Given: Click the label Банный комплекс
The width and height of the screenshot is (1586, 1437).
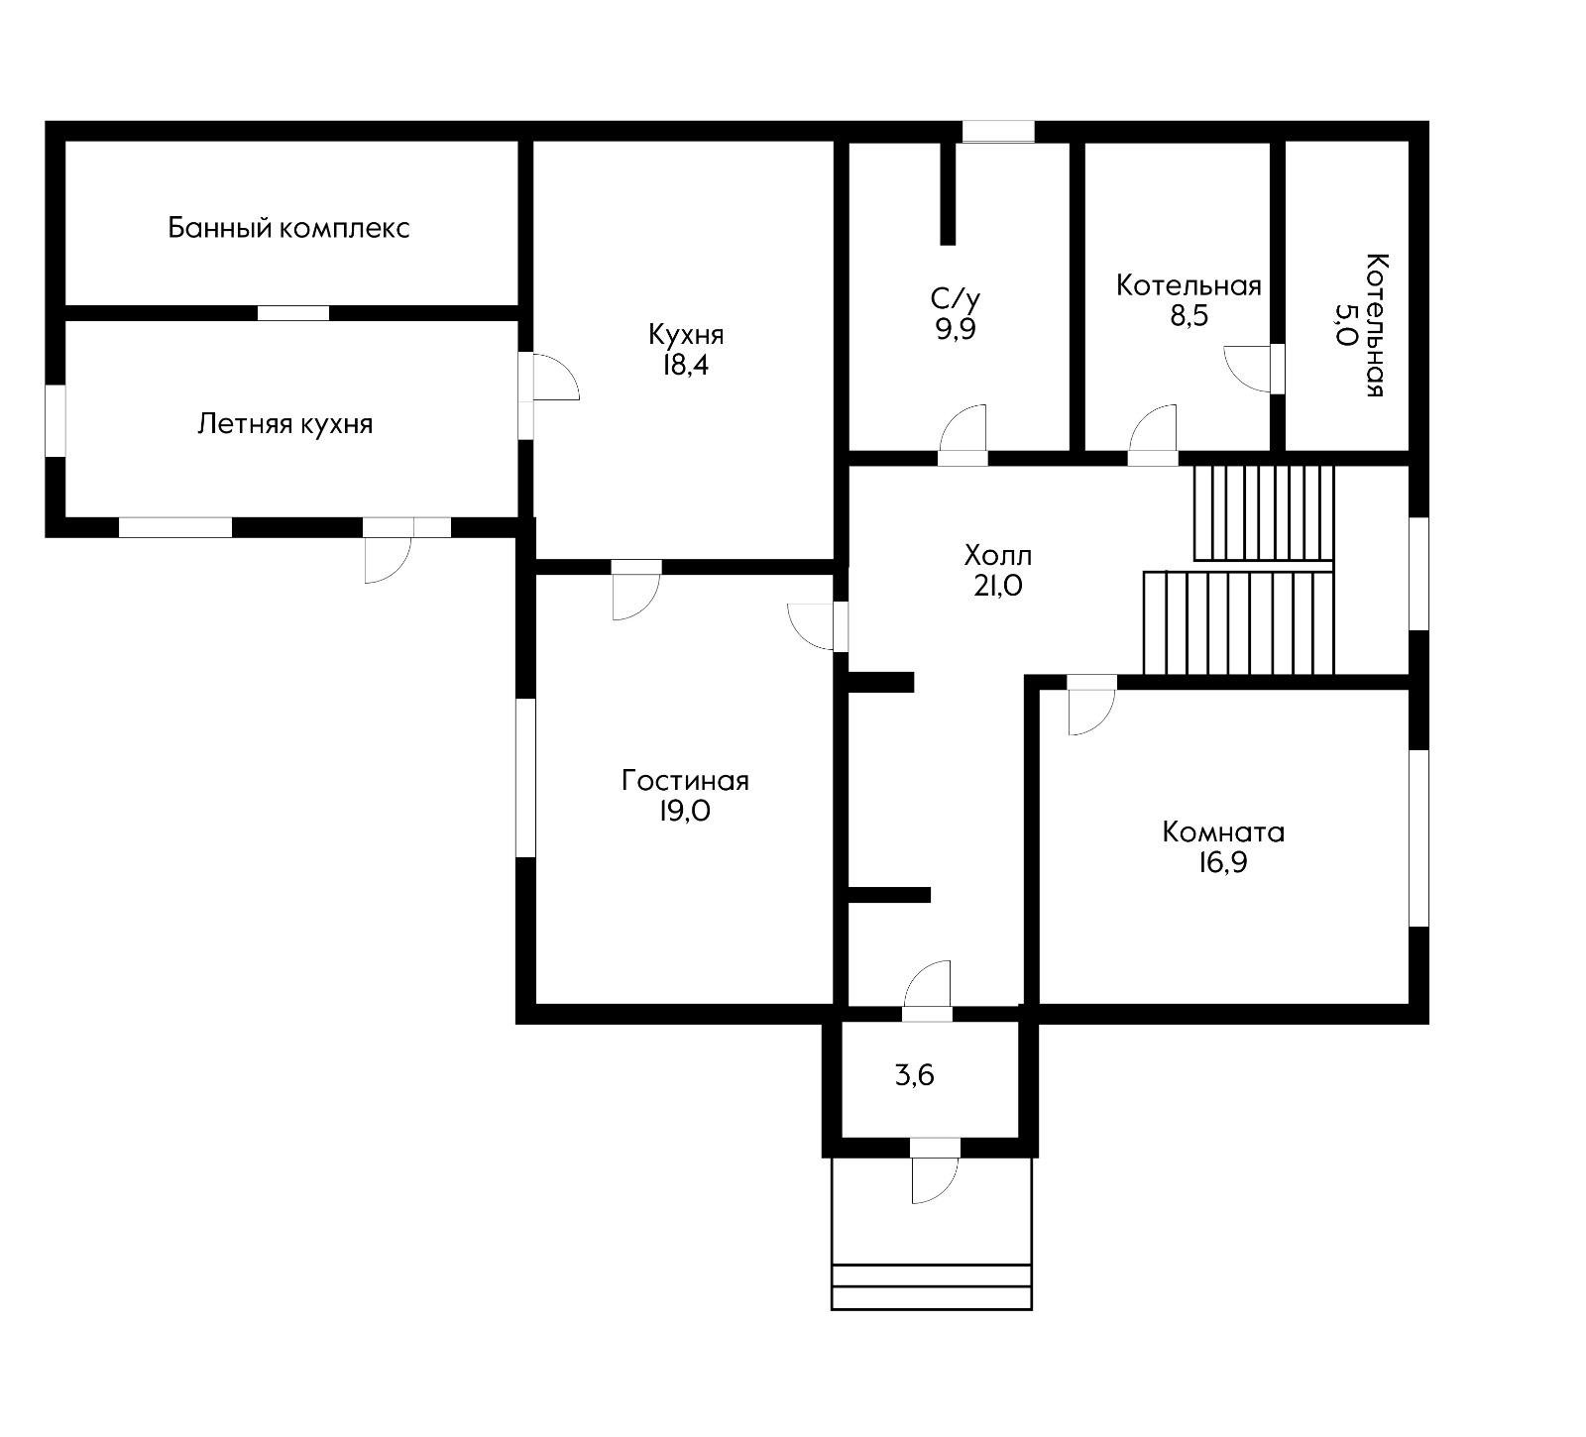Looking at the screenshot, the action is pos(288,229).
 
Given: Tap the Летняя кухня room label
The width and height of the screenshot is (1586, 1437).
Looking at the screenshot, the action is pos(285,424).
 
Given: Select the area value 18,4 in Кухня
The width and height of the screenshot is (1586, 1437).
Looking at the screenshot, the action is pos(686,365).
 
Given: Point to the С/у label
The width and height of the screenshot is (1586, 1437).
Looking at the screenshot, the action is pos(956,298).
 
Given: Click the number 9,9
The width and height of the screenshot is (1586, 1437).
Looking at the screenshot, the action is pos(956,329).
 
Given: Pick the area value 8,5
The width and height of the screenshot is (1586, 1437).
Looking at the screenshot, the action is pos(1189,317).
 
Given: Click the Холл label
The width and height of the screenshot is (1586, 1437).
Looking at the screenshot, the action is pos(998,554).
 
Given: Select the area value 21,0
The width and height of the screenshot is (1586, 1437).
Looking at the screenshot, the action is pos(998,586).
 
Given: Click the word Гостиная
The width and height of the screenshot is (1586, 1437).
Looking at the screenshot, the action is pos(685,781).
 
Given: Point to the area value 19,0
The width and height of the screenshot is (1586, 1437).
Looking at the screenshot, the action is pos(685,812).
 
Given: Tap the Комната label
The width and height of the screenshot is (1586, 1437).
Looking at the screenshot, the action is pos(1223,831).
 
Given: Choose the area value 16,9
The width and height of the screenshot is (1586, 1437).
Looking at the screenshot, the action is pos(1222,862).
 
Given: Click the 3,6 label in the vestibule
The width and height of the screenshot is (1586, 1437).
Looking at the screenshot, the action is pos(915,1075).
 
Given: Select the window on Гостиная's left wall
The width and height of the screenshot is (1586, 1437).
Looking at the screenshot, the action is pos(525,778).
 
